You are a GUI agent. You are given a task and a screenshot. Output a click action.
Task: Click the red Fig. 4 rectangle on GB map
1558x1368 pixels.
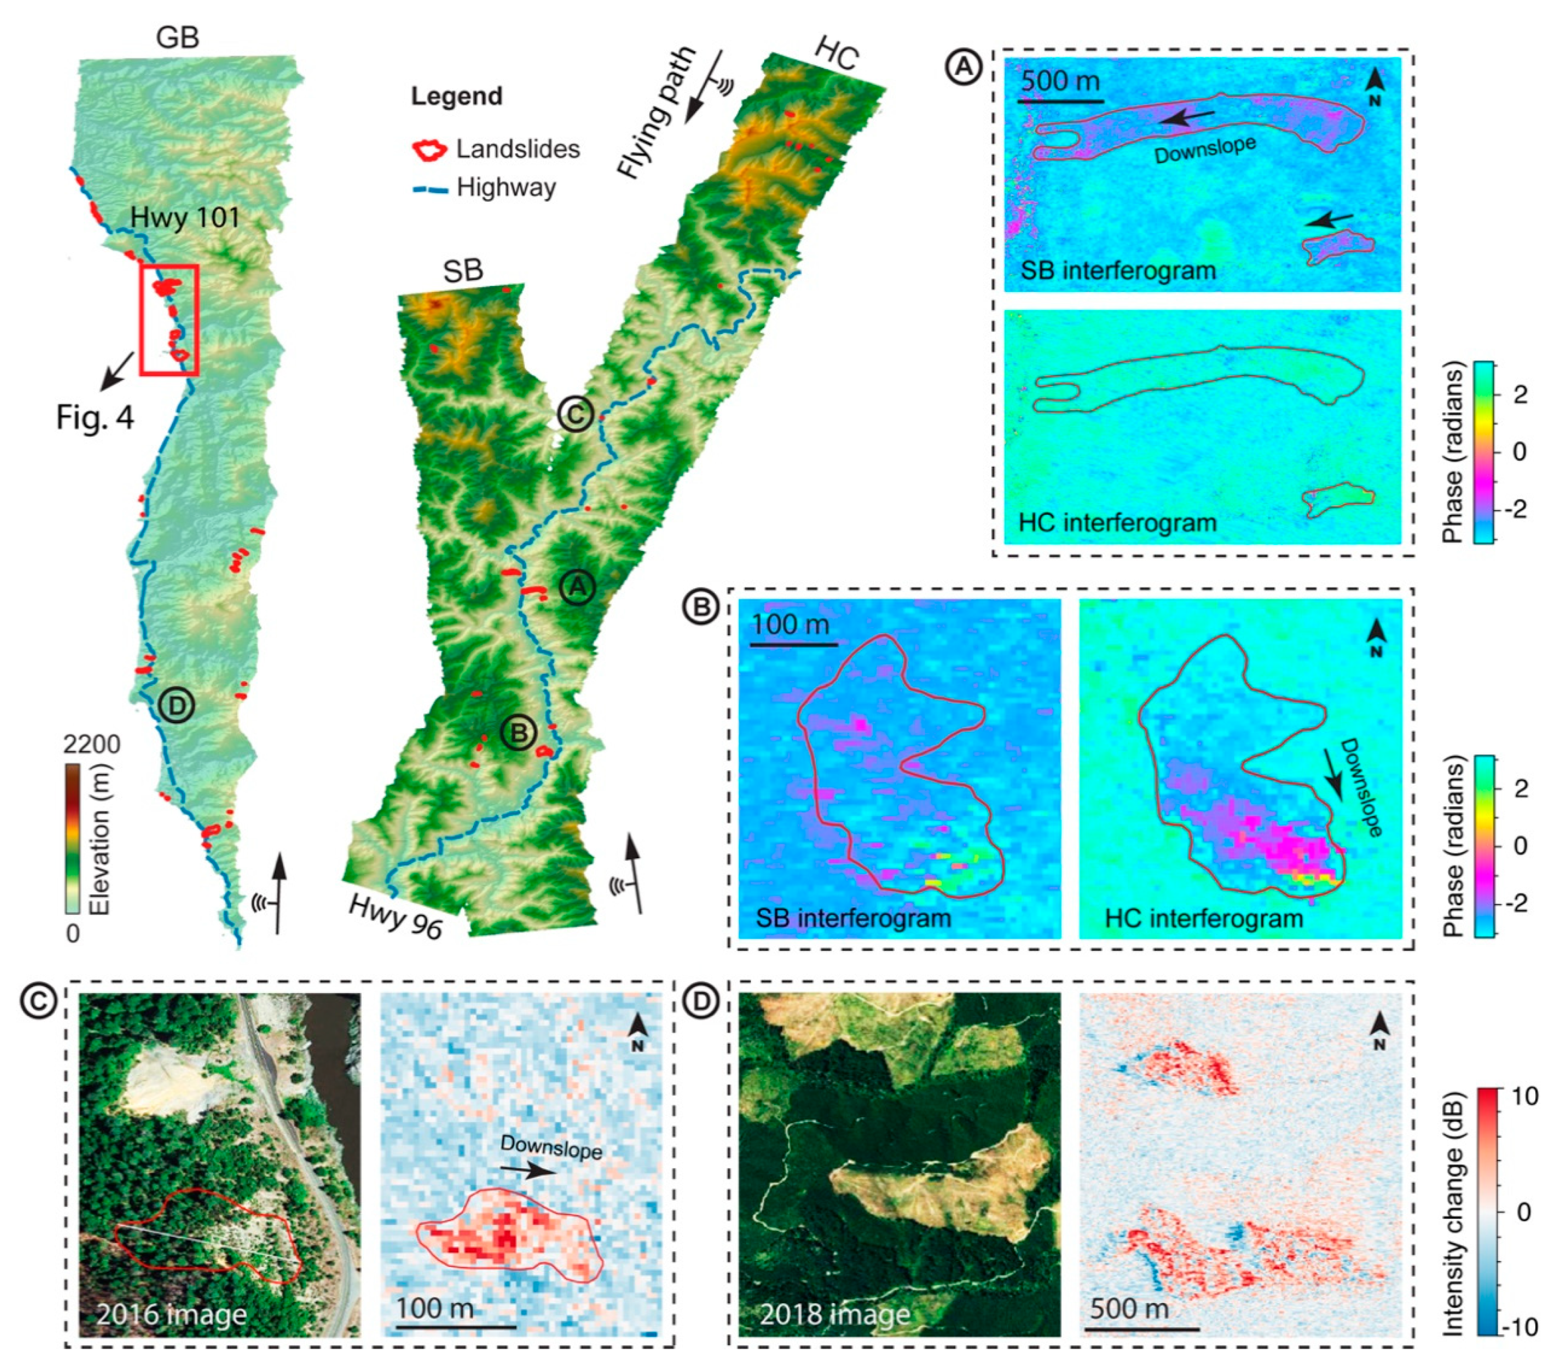[168, 320]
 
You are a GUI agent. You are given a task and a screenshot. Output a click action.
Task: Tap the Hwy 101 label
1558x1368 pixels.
[185, 218]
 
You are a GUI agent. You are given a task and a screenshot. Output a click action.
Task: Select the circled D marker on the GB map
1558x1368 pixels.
[177, 706]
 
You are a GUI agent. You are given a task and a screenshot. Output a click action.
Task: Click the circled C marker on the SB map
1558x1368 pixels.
[575, 415]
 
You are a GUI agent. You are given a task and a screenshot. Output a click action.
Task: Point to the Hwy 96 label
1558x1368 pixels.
[395, 916]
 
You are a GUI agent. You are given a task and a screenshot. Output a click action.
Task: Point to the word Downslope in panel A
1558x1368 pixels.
[1205, 150]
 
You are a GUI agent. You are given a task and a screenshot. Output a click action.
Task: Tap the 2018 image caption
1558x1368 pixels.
[835, 1314]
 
